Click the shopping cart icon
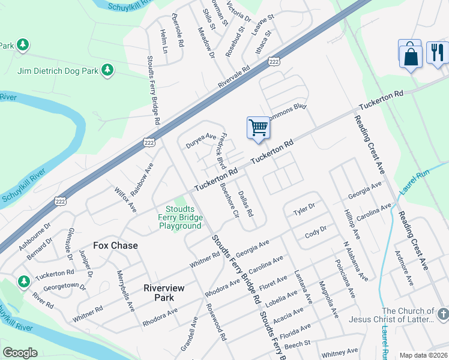click(258, 127)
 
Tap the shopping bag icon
click(410, 55)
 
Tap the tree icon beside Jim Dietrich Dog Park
click(107, 71)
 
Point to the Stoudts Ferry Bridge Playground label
click(180, 217)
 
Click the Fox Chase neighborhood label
click(115, 245)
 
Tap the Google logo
click(20, 353)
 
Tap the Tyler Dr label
click(304, 211)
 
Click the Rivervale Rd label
click(234, 77)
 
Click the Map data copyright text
click(423, 355)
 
